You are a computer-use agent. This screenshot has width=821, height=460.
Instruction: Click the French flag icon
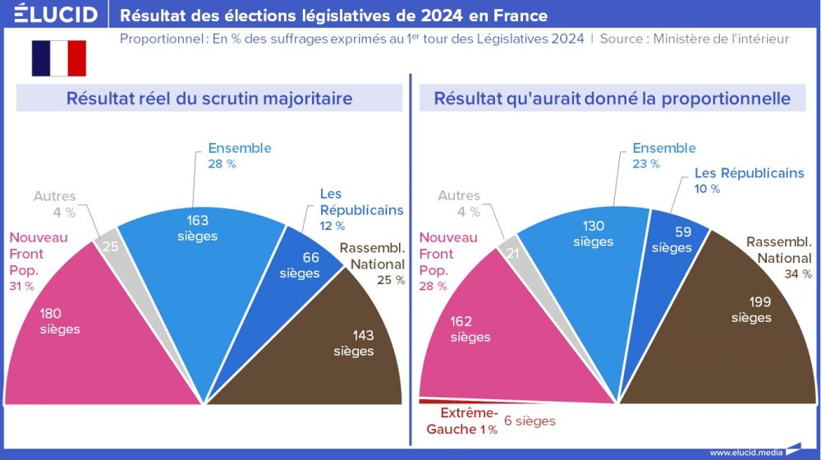59,58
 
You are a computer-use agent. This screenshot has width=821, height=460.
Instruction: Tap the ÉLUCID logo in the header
55,15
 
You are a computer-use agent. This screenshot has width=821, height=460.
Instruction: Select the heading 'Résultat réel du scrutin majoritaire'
209,99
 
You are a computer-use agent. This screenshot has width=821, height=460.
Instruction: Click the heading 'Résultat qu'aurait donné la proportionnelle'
612,99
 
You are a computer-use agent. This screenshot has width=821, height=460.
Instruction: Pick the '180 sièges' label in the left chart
58,321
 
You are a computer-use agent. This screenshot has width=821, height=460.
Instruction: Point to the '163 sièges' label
197,228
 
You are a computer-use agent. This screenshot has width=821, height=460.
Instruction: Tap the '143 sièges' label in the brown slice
354,343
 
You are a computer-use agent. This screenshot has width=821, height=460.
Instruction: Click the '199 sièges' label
751,309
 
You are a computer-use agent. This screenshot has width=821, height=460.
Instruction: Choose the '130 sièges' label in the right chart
594,234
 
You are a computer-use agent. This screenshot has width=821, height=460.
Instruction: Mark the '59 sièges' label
672,240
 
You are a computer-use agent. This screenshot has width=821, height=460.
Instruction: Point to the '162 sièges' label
470,329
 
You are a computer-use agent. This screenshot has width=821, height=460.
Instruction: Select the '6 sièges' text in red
530,421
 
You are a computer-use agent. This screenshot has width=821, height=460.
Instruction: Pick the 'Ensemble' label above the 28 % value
239,149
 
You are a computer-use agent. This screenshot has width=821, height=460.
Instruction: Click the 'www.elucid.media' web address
745,453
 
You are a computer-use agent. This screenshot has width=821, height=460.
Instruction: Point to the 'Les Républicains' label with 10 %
749,173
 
